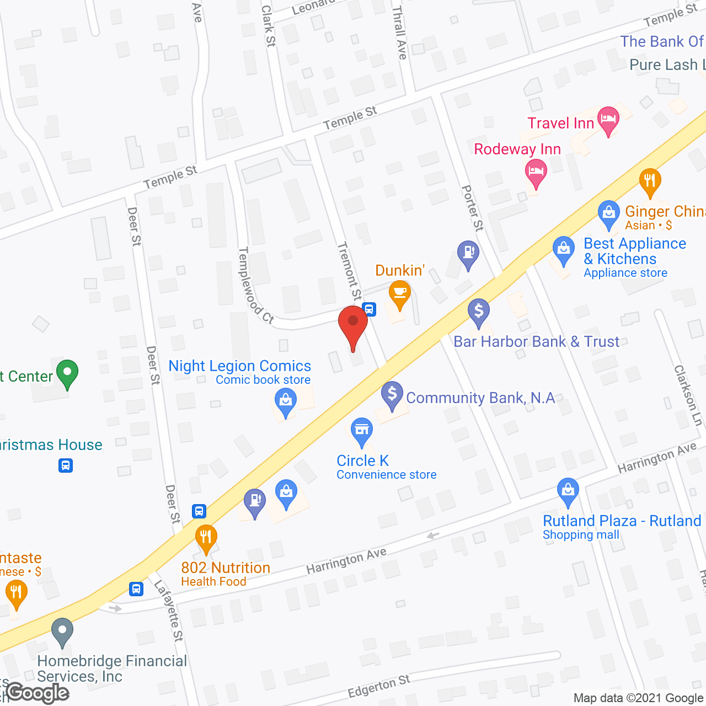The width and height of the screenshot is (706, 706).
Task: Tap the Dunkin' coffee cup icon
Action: pyautogui.click(x=399, y=293)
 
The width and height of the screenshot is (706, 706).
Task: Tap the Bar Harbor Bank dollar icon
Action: pyautogui.click(x=479, y=312)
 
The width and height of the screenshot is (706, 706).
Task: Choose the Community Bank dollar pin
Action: pyautogui.click(x=392, y=395)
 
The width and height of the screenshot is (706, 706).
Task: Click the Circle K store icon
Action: pyautogui.click(x=362, y=431)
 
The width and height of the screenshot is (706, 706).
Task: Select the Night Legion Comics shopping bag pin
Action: pyautogui.click(x=286, y=400)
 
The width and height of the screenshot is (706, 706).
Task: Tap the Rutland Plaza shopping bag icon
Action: pyautogui.click(x=568, y=490)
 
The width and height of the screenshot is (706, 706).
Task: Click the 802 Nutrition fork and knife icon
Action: pyautogui.click(x=206, y=537)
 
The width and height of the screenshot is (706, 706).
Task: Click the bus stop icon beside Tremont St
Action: pyautogui.click(x=370, y=309)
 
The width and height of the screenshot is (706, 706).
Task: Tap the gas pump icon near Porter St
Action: pyautogui.click(x=468, y=254)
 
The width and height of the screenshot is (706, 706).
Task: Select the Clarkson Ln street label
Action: pyautogui.click(x=688, y=395)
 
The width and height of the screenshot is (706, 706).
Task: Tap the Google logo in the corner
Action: pyautogui.click(x=38, y=693)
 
